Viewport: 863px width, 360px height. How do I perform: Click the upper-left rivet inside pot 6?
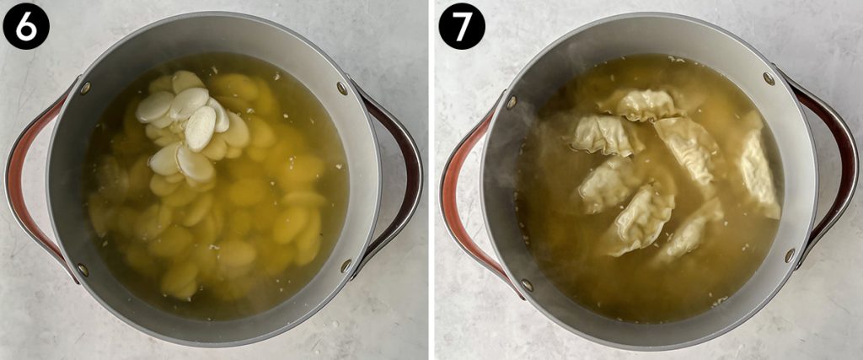pos(85,88)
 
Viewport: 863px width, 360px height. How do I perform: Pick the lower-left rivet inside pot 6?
pos(83,270)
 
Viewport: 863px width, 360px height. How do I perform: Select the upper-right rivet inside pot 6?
pos(341,88)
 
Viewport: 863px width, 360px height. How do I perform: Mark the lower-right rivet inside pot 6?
pos(346,266)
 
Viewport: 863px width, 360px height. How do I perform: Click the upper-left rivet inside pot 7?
pos(512,102)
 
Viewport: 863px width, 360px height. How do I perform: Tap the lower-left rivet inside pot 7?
pos(527,285)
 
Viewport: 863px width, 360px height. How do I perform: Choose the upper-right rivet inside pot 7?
pos(769,78)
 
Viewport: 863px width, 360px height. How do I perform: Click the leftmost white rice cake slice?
pos(154,108)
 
